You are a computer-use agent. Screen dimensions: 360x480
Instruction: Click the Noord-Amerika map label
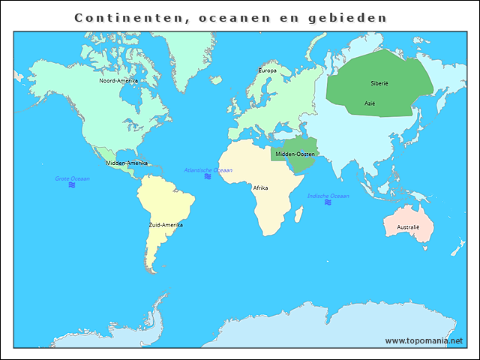[118, 80]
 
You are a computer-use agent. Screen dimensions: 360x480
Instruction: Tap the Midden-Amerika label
[126, 163]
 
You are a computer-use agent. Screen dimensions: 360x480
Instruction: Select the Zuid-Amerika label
[165, 225]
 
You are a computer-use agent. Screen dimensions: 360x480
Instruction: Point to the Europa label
[267, 70]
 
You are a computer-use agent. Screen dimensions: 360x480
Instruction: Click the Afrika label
[260, 187]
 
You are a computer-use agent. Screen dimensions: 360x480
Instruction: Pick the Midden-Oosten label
[295, 154]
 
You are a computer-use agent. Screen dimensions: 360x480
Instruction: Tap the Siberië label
[379, 83]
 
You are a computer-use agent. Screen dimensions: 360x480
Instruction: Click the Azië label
[370, 103]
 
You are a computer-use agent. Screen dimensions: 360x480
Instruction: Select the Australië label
[408, 226]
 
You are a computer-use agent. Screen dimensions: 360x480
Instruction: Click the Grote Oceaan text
[72, 178]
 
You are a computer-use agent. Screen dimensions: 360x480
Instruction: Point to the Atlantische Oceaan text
[208, 170]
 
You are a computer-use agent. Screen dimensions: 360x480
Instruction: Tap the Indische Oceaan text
[328, 196]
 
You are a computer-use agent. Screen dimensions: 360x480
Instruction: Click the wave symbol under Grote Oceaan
[72, 185]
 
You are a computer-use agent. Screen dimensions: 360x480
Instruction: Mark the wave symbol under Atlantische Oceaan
[208, 177]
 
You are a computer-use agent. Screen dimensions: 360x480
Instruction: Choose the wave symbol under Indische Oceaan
[328, 202]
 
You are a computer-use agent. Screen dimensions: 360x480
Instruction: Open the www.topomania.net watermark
[424, 340]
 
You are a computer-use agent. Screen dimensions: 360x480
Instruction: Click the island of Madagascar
[298, 215]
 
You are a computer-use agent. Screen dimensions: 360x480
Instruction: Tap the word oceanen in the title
[235, 16]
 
